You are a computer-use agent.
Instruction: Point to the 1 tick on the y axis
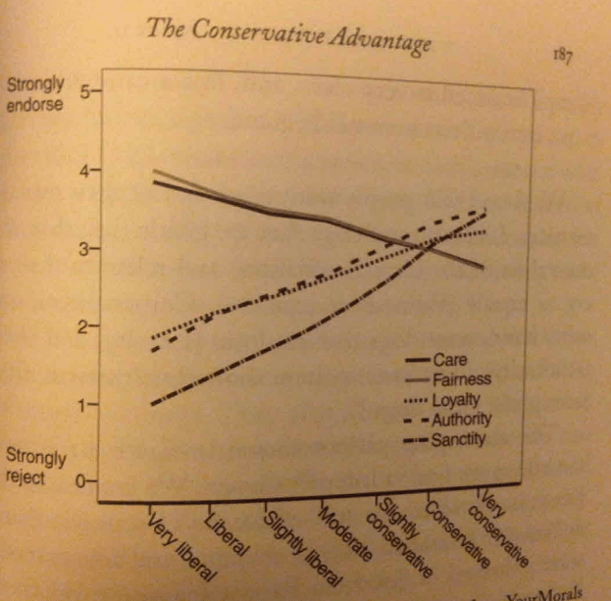point(83,404)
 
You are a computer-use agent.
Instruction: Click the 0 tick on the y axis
point(83,481)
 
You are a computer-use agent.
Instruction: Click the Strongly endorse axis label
point(35,92)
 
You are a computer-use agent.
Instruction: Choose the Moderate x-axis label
point(345,534)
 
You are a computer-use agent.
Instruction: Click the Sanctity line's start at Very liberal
point(152,404)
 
